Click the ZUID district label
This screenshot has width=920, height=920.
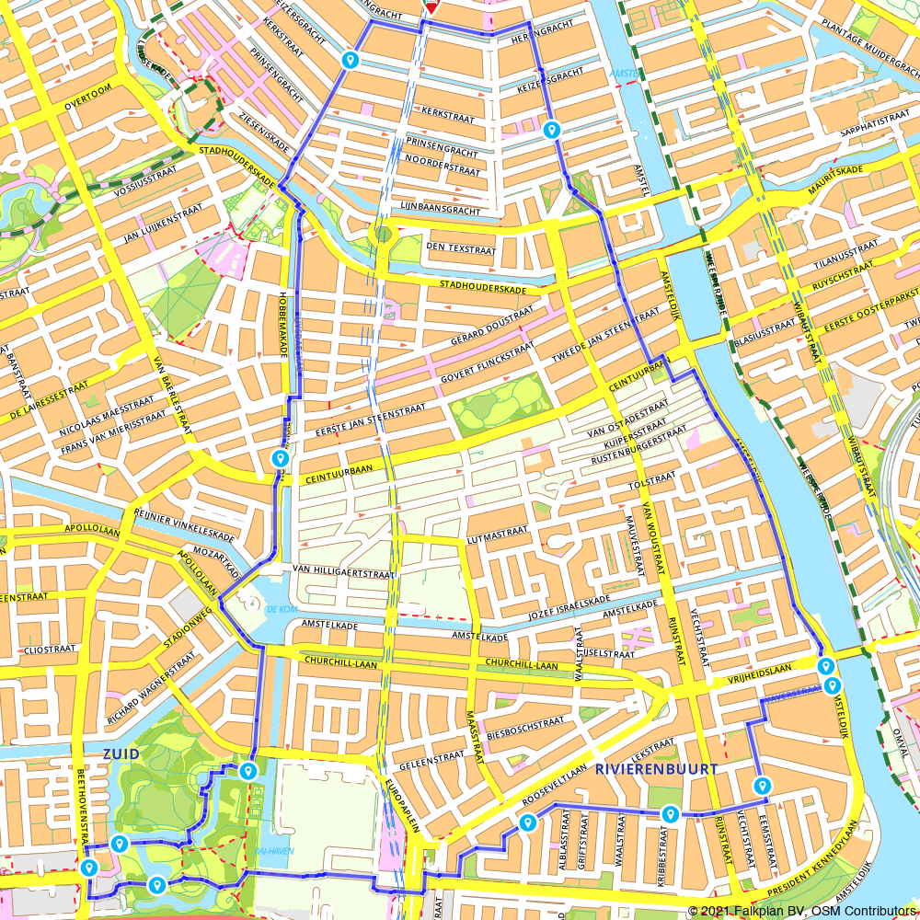pos(121,753)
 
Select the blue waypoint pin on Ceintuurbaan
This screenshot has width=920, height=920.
pos(280,458)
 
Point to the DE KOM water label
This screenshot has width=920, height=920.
pos(279,609)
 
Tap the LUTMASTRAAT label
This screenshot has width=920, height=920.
pos(498,532)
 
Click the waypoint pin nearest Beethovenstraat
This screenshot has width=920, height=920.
pos(89,867)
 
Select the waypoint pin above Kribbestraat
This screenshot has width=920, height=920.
pos(670,813)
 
